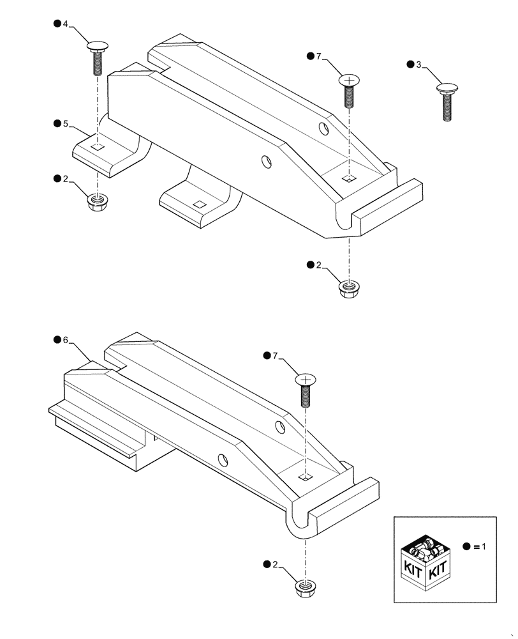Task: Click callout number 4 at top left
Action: (64, 24)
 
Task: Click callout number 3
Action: (418, 65)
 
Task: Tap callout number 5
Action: (64, 123)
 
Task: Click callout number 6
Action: (64, 341)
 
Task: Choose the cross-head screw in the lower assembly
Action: (306, 390)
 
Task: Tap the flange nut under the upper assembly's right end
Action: (348, 288)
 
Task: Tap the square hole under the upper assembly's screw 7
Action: (348, 178)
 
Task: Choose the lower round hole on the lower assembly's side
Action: (223, 459)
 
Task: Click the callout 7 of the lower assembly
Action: (275, 355)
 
